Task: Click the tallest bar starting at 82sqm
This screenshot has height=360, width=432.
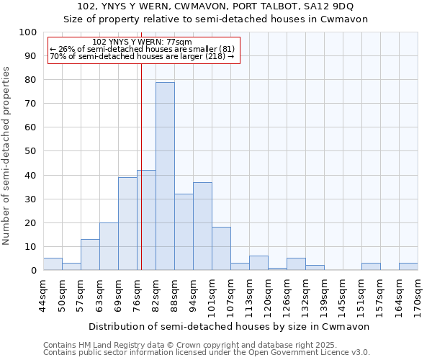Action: tap(165, 176)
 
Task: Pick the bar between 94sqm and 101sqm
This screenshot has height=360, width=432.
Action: tap(202, 226)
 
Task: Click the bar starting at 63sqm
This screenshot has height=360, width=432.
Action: tap(109, 246)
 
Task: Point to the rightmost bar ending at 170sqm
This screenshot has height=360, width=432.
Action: tap(408, 266)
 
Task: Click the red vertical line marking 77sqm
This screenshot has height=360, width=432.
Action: tap(141, 158)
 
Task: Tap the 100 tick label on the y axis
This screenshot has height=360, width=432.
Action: tap(27, 32)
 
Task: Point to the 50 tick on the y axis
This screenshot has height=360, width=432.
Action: tap(30, 151)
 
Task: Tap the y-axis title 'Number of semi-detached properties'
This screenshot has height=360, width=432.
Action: tap(7, 156)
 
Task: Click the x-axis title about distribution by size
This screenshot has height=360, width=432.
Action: tap(230, 326)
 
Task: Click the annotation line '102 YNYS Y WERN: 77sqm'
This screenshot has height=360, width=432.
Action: tap(143, 42)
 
